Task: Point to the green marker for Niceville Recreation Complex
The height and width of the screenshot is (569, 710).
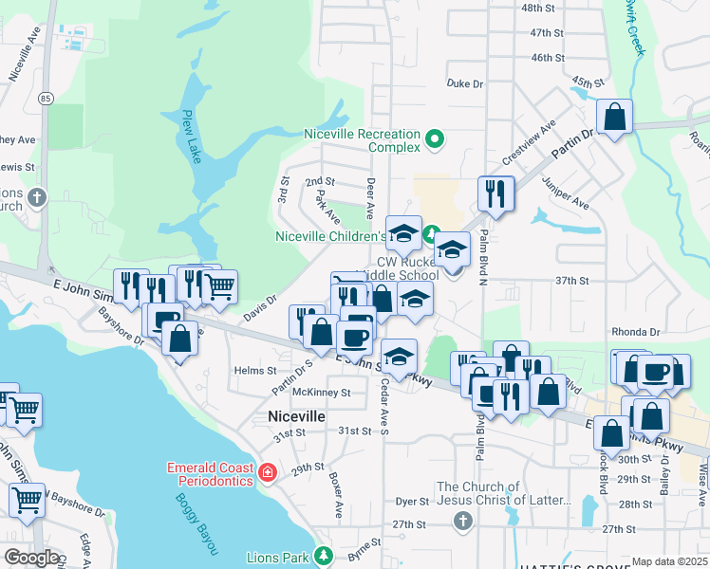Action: tap(435, 140)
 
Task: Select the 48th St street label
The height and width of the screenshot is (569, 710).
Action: tap(536, 8)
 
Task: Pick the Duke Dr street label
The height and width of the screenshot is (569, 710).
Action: tap(465, 83)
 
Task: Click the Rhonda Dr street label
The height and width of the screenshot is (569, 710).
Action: tap(636, 332)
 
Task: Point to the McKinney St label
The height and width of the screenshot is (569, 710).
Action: tap(322, 392)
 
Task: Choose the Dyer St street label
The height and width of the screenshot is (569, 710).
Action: tap(413, 501)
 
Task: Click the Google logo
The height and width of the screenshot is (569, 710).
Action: tap(31, 558)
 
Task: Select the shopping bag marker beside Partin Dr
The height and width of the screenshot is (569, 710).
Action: tap(615, 119)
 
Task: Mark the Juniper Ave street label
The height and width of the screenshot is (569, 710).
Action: tap(566, 193)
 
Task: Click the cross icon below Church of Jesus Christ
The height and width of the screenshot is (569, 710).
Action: tap(462, 520)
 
